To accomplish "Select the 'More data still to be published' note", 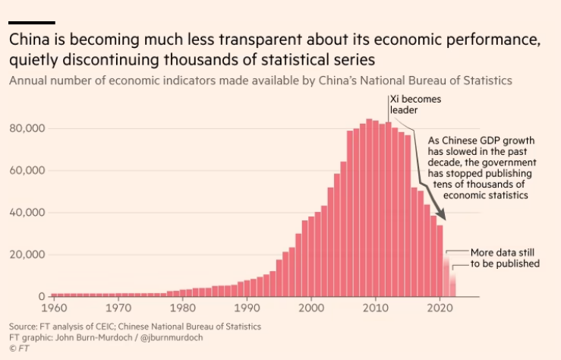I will pyautogui.click(x=505, y=258).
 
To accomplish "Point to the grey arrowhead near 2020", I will pyautogui.click(x=441, y=219).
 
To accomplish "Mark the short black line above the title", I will pyautogui.click(x=31, y=23).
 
